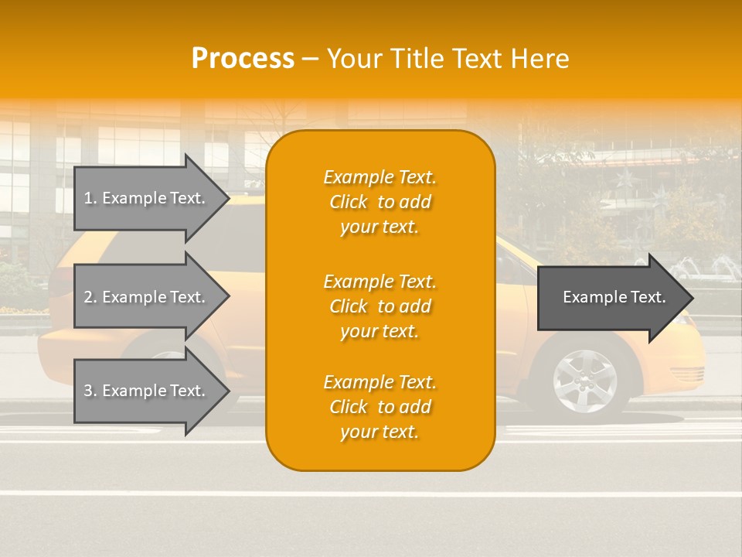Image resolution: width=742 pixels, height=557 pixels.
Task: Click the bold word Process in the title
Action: point(243,58)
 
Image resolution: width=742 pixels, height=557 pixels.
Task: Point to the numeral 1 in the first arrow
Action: point(88,198)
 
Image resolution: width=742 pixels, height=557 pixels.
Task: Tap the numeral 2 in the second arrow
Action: point(88,297)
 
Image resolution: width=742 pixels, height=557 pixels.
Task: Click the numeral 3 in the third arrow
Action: point(88,391)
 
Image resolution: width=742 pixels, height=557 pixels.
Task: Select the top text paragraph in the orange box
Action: point(380,202)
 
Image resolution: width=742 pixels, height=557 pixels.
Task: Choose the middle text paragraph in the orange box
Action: point(380,306)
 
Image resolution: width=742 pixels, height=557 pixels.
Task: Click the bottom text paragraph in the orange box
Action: point(380,407)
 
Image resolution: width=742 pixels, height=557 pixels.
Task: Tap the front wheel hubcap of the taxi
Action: point(584,381)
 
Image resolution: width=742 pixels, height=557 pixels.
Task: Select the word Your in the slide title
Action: point(354,58)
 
